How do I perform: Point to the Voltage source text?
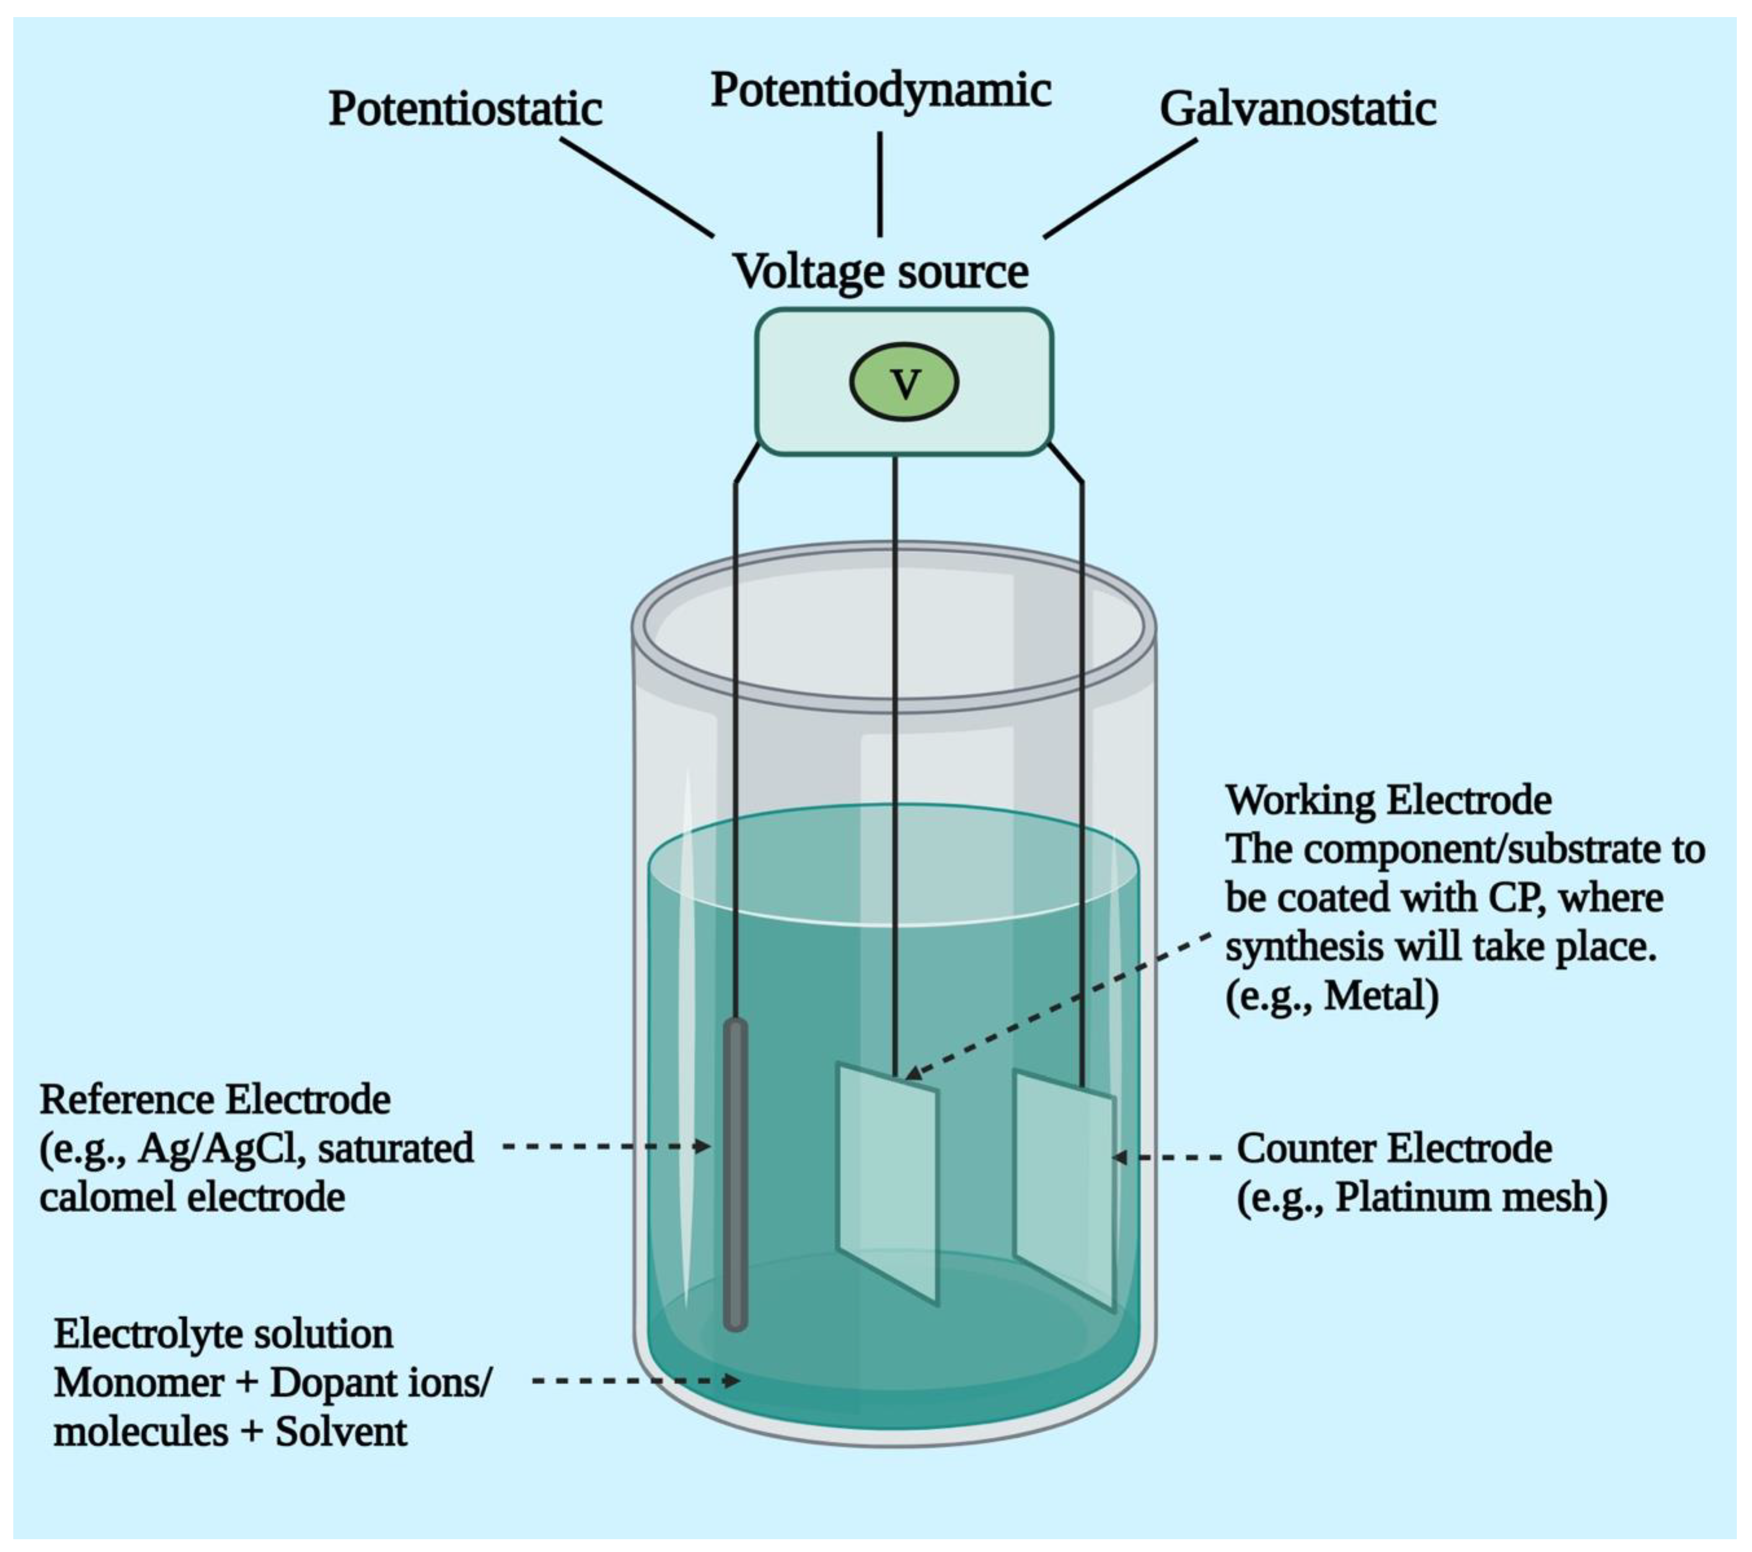[x=881, y=272]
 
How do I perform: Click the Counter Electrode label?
[x=1394, y=1149]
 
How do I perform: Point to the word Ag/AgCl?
[x=221, y=1149]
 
